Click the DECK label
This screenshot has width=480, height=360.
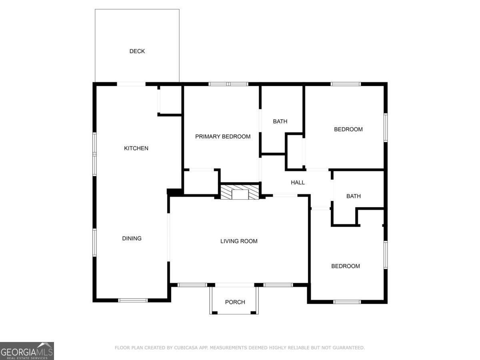137,51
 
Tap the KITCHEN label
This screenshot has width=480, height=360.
136,148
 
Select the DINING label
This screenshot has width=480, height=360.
132,238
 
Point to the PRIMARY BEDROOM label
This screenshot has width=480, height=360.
223,136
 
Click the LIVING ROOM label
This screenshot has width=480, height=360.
239,241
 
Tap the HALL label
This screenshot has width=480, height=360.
298,182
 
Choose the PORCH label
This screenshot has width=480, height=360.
235,302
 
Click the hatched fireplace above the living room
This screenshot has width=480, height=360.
240,192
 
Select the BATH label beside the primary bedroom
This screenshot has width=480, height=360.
280,121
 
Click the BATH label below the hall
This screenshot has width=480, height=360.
353,196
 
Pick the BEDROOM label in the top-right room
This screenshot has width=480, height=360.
348,129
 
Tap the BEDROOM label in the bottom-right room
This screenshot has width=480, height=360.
345,266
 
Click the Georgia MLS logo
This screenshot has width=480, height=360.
27,351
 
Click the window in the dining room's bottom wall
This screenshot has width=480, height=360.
133,300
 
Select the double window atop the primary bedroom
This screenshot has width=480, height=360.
228,84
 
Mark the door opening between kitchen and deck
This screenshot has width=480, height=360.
131,84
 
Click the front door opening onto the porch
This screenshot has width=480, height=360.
235,285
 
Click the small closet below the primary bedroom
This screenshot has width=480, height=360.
201,182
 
